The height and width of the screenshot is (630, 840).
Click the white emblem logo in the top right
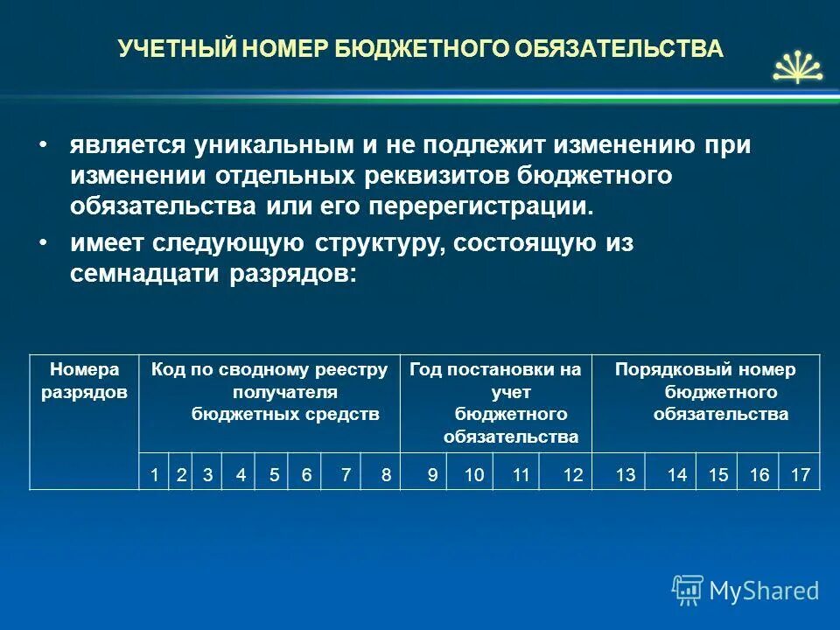click(797, 66)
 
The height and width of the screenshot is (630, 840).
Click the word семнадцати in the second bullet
click(146, 274)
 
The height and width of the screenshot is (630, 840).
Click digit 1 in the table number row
click(154, 475)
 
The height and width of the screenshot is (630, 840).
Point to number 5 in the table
click(275, 475)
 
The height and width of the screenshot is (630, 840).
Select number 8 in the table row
click(386, 475)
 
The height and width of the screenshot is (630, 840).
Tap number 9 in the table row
click(432, 475)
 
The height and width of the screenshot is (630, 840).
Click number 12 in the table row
click(573, 475)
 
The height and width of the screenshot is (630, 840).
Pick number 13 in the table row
click(626, 475)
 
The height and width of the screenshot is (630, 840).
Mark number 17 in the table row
click(800, 475)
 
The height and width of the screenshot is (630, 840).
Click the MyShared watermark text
click(764, 591)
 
